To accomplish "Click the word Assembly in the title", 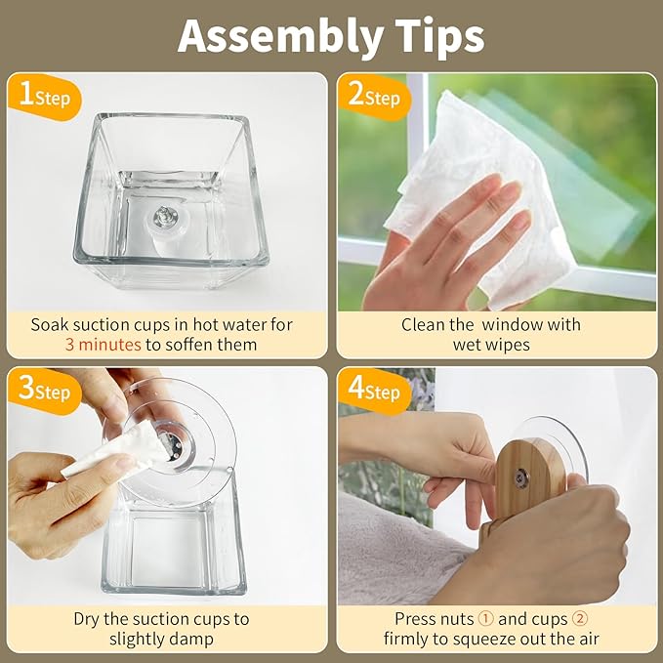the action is (x=281, y=38).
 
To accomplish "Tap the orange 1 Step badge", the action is (x=45, y=97).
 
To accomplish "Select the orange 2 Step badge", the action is (x=375, y=97).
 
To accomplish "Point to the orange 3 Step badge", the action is (x=45, y=391).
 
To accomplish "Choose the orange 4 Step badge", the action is (x=375, y=391).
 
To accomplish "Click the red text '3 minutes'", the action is (x=104, y=345).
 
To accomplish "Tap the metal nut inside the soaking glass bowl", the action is (x=165, y=218).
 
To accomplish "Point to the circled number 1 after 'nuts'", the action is (x=486, y=619).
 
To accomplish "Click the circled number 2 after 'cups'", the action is (x=580, y=619).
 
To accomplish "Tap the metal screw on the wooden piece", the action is (x=521, y=477).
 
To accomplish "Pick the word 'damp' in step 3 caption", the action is (x=192, y=640).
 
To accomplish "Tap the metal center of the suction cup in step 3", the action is (x=174, y=447).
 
